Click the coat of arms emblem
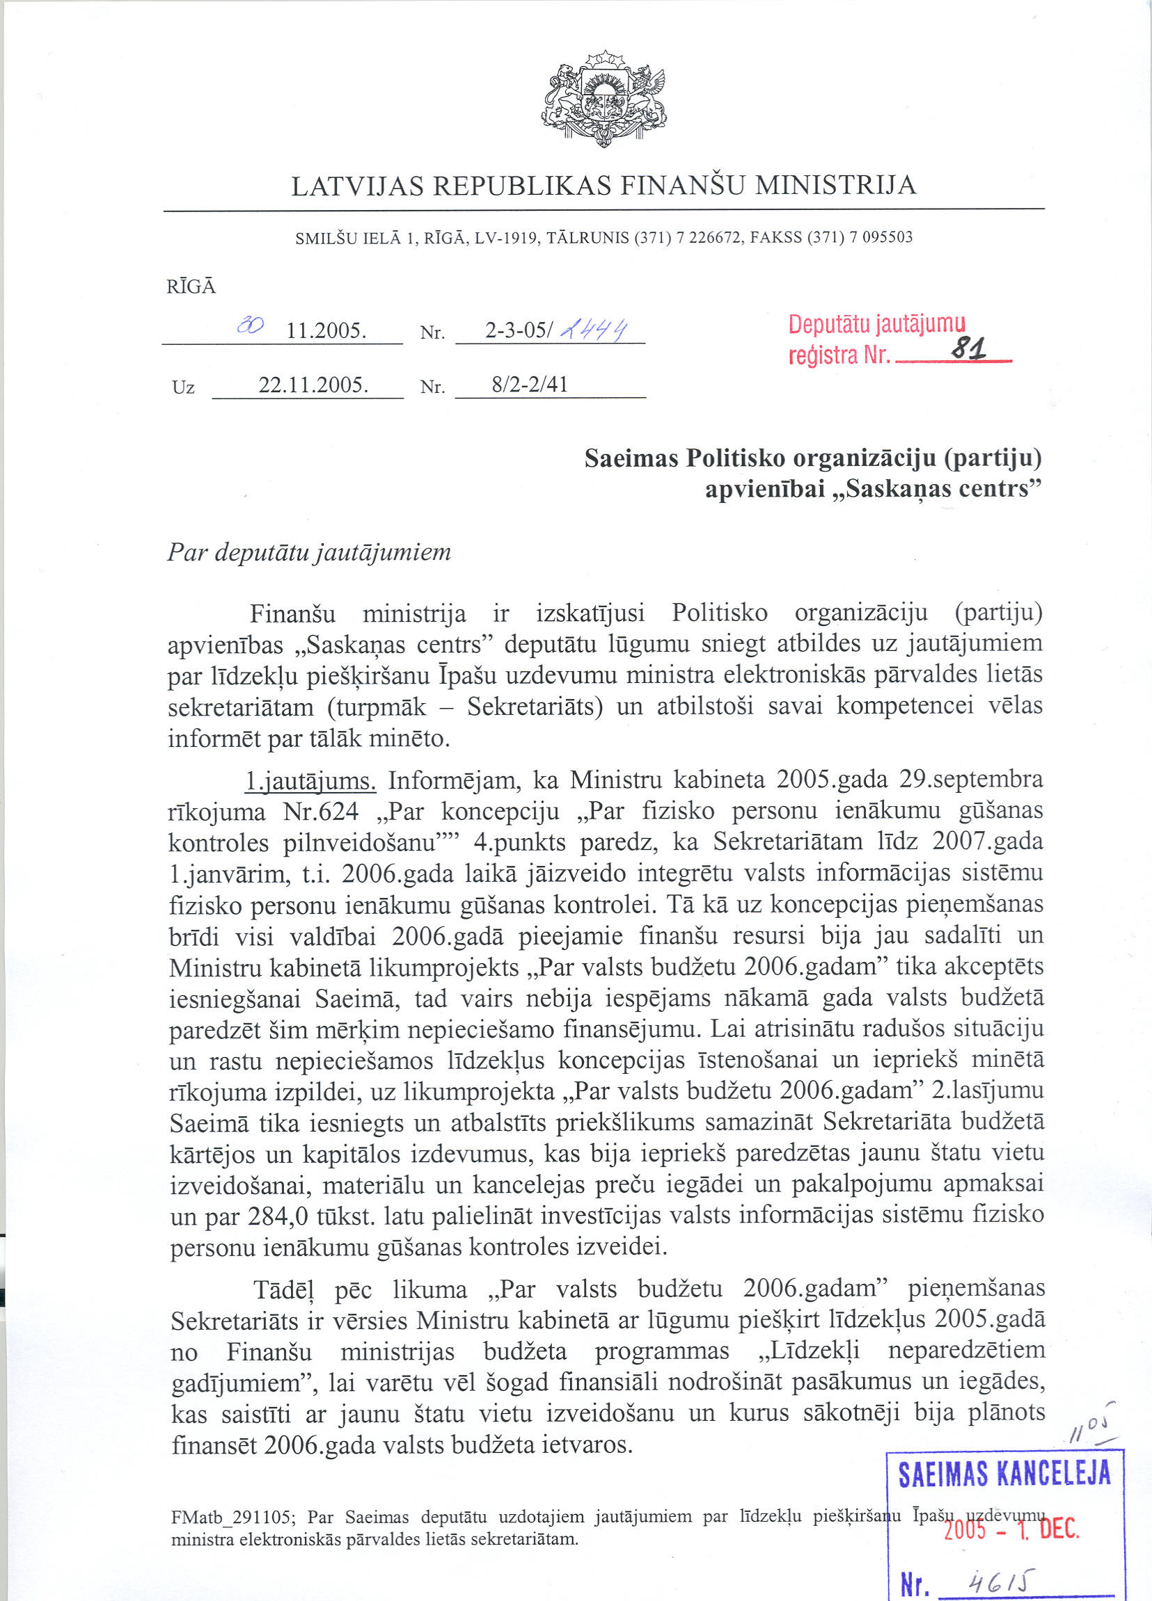[605, 98]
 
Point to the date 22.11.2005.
[313, 385]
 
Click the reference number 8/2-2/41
[530, 385]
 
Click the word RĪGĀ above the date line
[191, 287]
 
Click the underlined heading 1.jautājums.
[310, 781]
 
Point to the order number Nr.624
[321, 812]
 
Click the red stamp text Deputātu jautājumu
[876, 325]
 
